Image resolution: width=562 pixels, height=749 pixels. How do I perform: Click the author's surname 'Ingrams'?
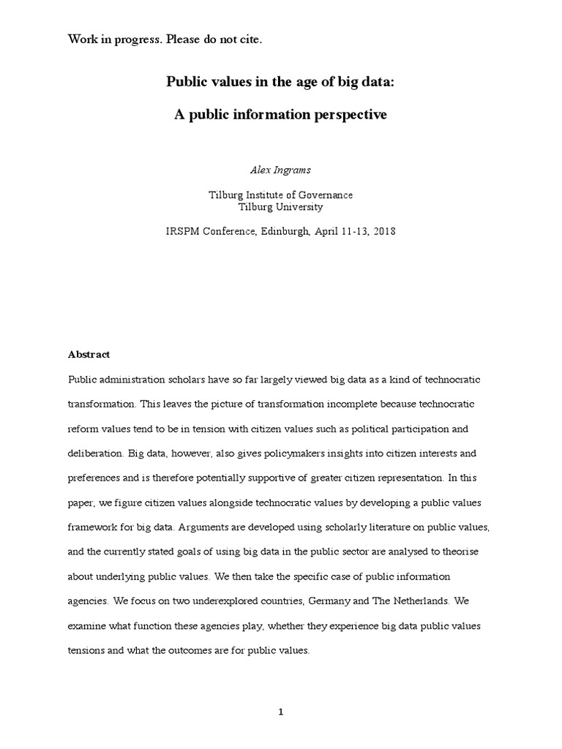[x=292, y=170]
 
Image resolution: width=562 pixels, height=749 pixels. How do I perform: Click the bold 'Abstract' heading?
[x=89, y=354]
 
